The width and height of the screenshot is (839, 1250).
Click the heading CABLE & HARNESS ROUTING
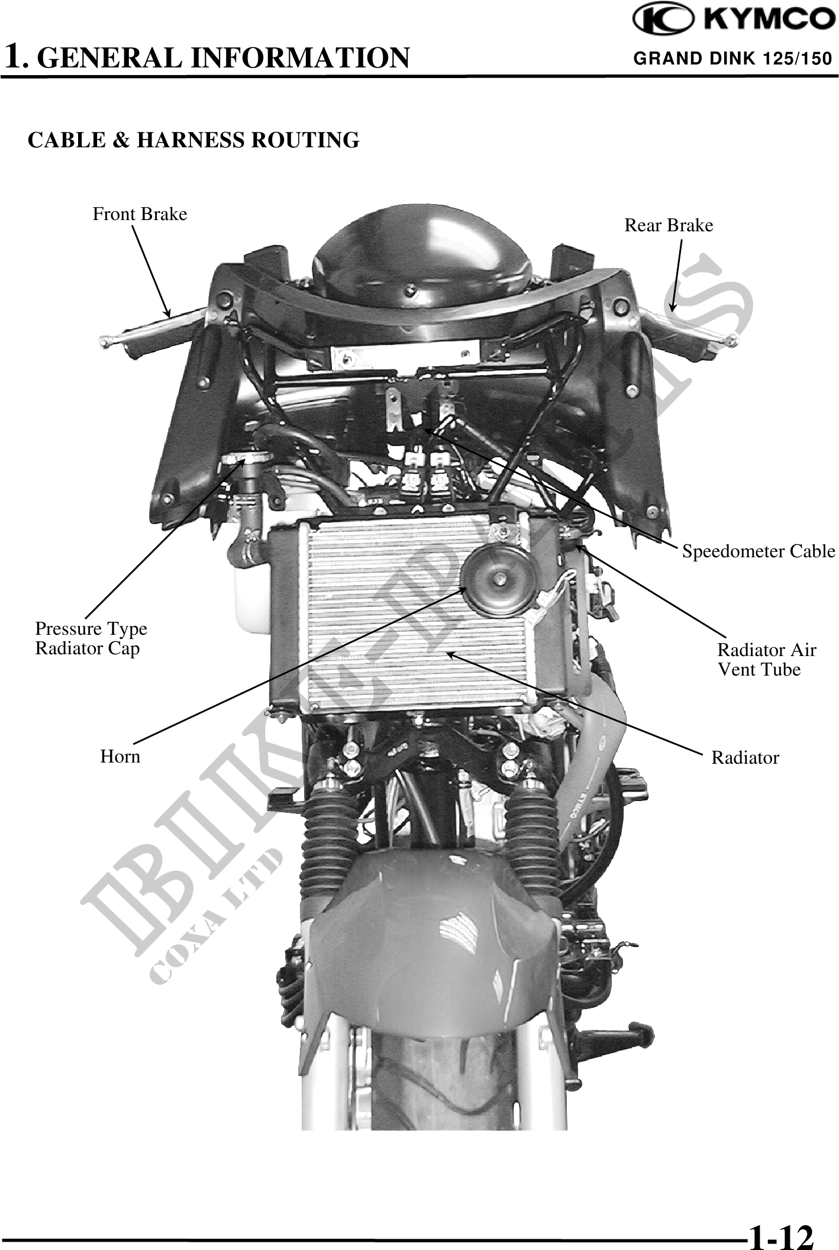193,140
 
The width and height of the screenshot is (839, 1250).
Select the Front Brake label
140,214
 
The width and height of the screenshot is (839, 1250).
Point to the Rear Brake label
669,225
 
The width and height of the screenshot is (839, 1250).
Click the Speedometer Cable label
759,551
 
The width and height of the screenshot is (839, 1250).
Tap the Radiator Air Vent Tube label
766,660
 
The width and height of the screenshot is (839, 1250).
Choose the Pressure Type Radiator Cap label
91,638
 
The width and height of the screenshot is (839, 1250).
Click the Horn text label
120,757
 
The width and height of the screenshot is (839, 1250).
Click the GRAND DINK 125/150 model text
732,59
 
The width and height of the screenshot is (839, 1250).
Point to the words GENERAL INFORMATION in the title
227,58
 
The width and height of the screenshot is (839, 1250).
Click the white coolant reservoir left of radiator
251,597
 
